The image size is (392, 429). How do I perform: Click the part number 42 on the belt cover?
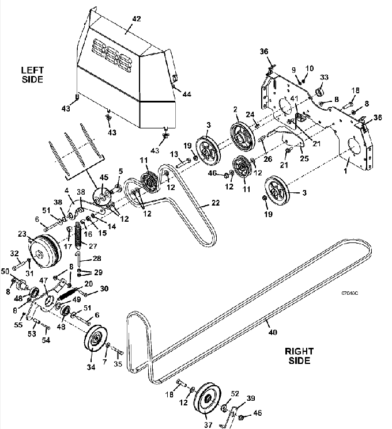pyautogui.click(x=137, y=19)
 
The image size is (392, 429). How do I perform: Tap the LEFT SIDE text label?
pyautogui.click(x=32, y=75)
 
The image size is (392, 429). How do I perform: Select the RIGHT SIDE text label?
pyautogui.click(x=299, y=356)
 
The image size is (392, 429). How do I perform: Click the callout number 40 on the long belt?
pyautogui.click(x=273, y=332)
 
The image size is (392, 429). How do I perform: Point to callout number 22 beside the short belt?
pyautogui.click(x=216, y=203)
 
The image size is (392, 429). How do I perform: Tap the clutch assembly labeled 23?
pyautogui.click(x=44, y=251)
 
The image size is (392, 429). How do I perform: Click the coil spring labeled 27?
pyautogui.click(x=78, y=235)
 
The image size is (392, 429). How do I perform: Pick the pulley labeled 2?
pyautogui.click(x=241, y=136)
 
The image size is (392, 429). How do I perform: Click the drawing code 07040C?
pyautogui.click(x=349, y=293)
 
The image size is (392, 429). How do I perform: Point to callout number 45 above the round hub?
pyautogui.click(x=104, y=177)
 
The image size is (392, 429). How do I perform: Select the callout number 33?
pyautogui.click(x=324, y=77)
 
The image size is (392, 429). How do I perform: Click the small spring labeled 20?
pyautogui.click(x=67, y=294)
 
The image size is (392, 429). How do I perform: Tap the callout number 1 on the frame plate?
pyautogui.click(x=345, y=171)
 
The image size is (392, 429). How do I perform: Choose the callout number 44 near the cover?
pyautogui.click(x=187, y=94)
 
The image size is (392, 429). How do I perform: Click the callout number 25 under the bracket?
pyautogui.click(x=304, y=158)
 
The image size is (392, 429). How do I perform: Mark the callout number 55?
pyautogui.click(x=18, y=325)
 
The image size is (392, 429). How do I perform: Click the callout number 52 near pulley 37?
pyautogui.click(x=235, y=393)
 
